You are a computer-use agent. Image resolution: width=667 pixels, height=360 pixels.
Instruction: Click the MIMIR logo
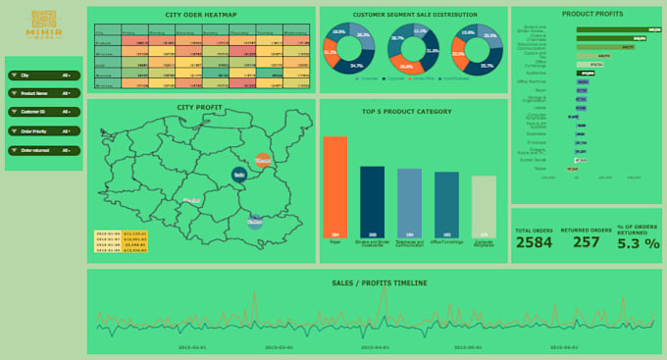coord(43,24)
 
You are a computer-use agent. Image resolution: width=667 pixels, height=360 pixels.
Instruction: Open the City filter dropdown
coord(43,76)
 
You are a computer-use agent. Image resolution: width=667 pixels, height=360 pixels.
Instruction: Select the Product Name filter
coord(43,94)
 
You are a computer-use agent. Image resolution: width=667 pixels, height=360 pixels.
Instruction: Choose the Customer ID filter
coord(43,113)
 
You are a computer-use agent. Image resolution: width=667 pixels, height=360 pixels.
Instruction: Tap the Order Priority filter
coord(43,131)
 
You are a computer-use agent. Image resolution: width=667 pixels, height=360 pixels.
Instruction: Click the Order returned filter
coord(43,150)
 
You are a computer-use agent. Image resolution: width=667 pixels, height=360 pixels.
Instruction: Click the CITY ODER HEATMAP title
coord(200,15)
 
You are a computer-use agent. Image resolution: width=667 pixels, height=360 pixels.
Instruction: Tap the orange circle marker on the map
coord(262,159)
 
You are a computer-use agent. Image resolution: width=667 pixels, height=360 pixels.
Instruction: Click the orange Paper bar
coord(335,186)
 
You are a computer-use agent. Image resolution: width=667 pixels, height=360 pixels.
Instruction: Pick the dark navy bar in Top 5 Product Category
coord(372,201)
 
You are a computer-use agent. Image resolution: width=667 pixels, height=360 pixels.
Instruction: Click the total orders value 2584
coord(535,242)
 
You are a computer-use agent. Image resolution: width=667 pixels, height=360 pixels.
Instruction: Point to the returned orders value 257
coord(587,242)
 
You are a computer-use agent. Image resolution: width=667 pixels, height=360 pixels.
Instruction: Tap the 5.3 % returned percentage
coord(639,243)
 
